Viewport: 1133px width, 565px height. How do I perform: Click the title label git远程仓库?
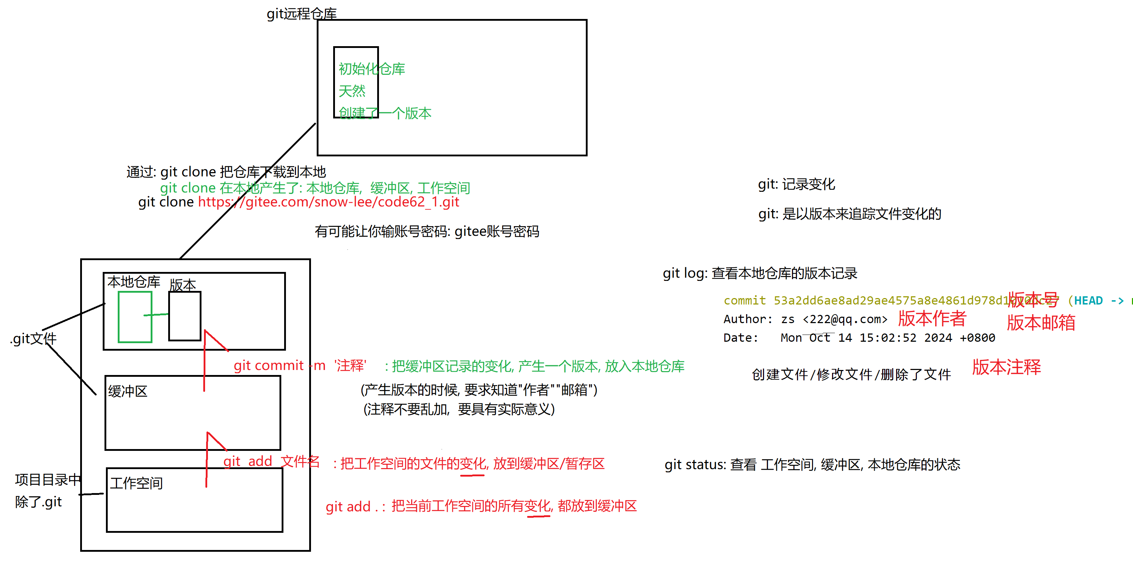(301, 14)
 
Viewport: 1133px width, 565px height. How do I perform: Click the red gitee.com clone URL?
(328, 202)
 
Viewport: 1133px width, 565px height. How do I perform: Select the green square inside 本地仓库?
(135, 317)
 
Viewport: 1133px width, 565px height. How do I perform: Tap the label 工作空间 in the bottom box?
(136, 483)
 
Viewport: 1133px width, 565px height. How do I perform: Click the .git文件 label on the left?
(33, 338)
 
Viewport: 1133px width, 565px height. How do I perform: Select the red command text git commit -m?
(279, 365)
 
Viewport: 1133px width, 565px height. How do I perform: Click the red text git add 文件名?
(271, 461)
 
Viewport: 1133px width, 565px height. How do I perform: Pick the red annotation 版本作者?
(932, 318)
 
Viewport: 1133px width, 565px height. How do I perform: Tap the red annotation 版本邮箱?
(1041, 323)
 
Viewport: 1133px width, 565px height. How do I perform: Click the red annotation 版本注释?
(1006, 367)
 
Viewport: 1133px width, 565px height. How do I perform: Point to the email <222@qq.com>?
(845, 319)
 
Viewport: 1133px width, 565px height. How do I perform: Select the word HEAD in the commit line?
(1088, 301)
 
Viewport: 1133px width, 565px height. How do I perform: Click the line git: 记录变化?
(796, 184)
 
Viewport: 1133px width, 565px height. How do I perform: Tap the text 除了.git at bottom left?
(38, 502)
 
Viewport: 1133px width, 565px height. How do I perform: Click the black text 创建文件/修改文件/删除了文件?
(851, 375)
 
